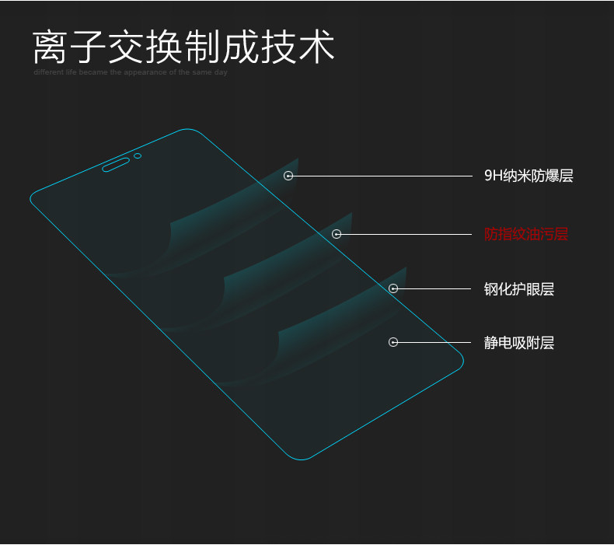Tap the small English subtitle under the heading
tap(131, 72)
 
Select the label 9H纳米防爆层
tap(529, 176)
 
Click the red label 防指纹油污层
tap(525, 234)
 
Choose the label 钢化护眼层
tap(518, 289)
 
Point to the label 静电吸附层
tap(518, 342)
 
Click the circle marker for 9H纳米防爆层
tap(288, 176)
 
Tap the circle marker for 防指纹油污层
tap(337, 233)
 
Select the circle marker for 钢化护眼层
tap(393, 288)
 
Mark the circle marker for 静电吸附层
tap(393, 341)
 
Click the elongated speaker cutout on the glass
tap(116, 164)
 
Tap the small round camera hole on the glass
tap(138, 155)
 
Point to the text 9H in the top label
tap(494, 176)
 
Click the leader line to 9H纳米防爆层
tap(381, 176)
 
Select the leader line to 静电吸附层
tap(435, 341)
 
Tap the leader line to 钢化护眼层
tap(435, 288)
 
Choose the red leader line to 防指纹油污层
tap(408, 233)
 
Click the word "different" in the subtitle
tap(47, 72)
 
